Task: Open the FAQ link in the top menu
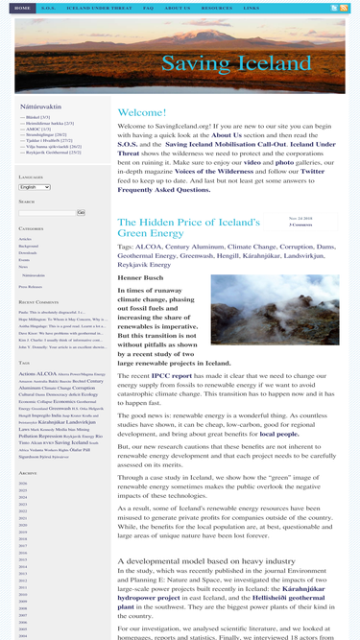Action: (x=148, y=8)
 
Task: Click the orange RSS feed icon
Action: (x=334, y=8)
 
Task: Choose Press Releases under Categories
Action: (x=30, y=287)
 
